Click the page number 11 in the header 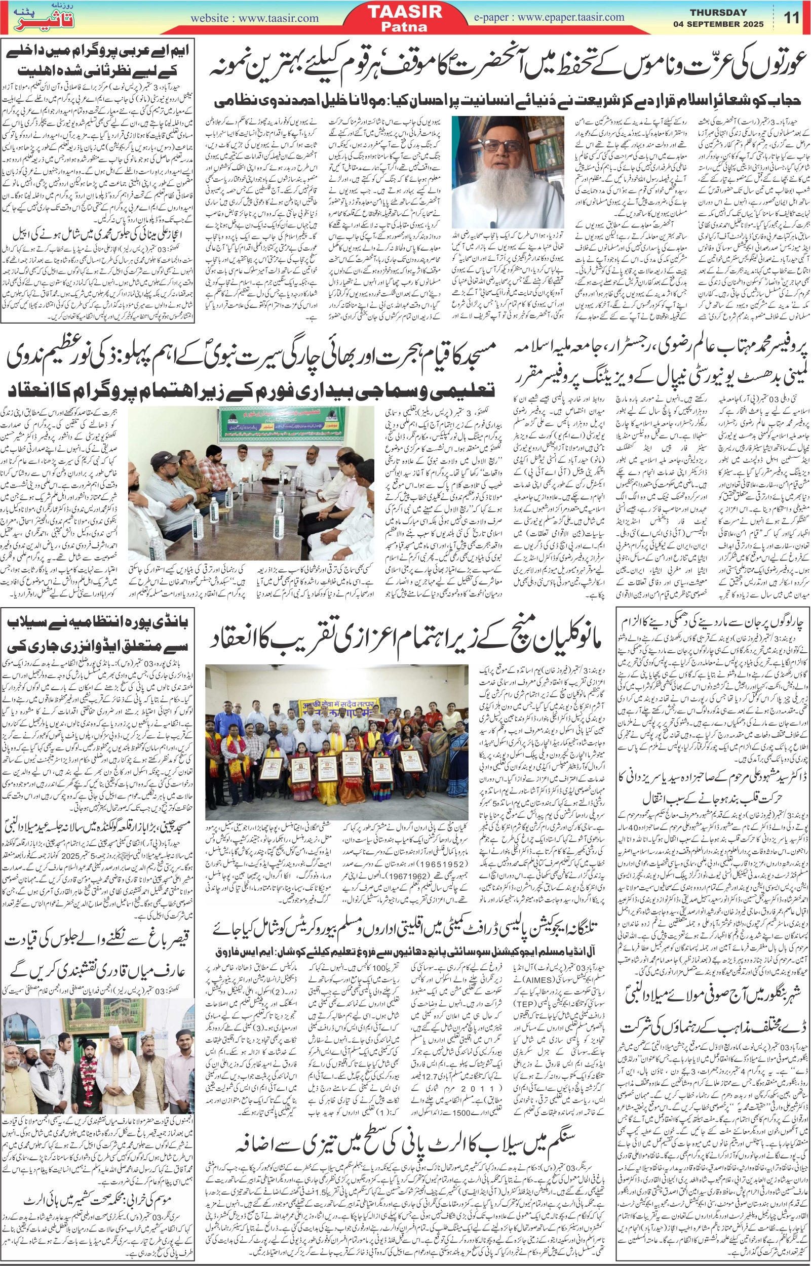pos(792,17)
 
